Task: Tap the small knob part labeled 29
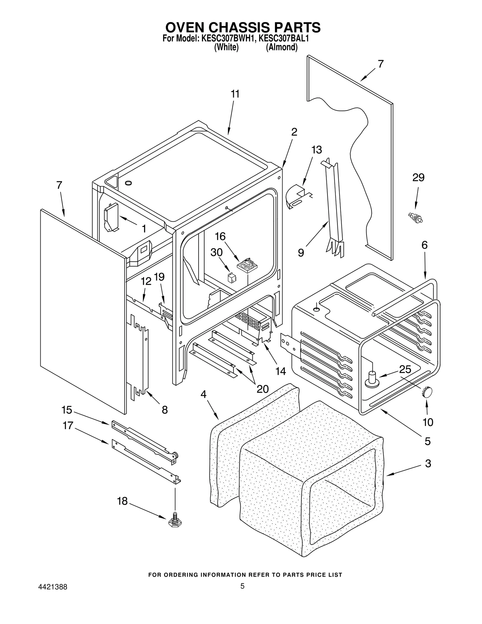click(415, 217)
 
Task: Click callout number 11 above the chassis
click(235, 94)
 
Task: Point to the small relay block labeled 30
click(232, 278)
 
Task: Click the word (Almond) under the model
click(281, 47)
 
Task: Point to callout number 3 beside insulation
click(428, 463)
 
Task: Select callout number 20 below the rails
click(262, 389)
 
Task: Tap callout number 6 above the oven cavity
click(424, 245)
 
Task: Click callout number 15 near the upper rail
click(67, 410)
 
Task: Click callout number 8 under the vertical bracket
click(164, 409)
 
